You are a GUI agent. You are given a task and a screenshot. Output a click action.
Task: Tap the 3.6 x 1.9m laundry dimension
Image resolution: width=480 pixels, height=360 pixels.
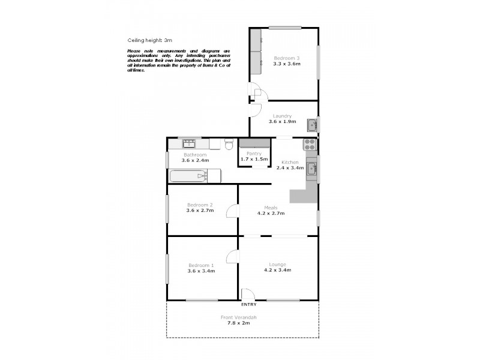coord(282,122)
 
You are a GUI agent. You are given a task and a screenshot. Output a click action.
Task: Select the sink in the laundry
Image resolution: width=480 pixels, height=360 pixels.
coord(312,125)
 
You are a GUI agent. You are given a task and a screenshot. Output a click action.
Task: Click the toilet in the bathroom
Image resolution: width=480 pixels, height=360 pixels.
coord(229,145)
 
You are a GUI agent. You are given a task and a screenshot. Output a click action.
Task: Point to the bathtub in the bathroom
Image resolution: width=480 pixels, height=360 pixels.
coord(195,176)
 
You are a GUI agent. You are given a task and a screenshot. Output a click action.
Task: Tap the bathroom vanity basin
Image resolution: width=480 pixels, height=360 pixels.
coord(189,143)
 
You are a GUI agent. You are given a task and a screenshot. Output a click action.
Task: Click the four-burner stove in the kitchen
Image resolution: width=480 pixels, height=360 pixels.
coord(310,145)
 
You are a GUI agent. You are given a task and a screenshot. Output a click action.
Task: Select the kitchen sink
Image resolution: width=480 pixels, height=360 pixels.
coord(311,169)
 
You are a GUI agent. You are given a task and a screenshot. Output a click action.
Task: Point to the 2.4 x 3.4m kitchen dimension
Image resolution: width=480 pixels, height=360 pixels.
coord(290,168)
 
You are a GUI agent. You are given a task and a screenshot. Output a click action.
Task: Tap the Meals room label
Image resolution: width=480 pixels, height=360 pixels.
coord(271,208)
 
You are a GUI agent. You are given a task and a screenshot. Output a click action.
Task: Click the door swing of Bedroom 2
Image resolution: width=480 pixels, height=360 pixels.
coord(232,211)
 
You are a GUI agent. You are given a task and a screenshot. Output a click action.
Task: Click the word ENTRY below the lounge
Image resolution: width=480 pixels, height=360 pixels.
coord(248,305)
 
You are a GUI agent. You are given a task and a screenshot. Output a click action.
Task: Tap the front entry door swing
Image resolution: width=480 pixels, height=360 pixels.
coord(248,294)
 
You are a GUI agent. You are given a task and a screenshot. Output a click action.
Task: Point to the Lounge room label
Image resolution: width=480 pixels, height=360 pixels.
coord(278,264)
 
